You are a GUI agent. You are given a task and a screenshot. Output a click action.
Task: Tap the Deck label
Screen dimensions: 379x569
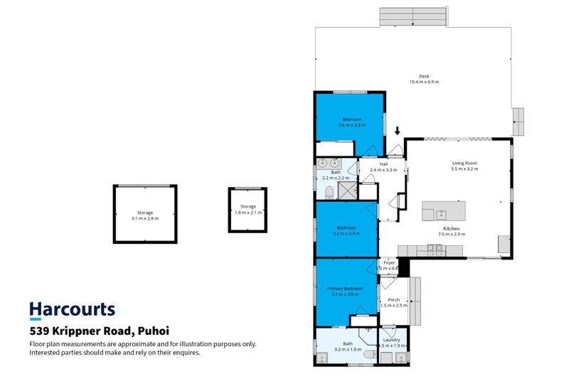[x=424, y=76]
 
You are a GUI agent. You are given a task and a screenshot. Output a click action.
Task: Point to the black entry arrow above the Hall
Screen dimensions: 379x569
[x=398, y=131]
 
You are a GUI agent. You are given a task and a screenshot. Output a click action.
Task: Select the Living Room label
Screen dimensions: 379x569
[x=464, y=164]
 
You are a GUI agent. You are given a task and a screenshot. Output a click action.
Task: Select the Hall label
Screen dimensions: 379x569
[x=383, y=164]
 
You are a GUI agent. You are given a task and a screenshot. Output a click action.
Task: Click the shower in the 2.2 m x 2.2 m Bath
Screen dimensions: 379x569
[x=347, y=190]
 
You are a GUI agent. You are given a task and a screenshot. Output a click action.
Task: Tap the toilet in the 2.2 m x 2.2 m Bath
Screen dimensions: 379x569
[x=329, y=193]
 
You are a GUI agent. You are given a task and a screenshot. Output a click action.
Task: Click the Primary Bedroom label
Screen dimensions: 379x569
[x=345, y=288]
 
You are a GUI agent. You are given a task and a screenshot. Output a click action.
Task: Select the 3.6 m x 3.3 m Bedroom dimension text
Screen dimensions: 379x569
[x=352, y=125]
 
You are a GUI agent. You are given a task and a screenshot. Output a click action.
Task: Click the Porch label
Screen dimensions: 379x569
[x=393, y=299]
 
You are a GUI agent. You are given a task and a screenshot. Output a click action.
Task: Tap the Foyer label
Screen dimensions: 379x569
[x=389, y=262]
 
